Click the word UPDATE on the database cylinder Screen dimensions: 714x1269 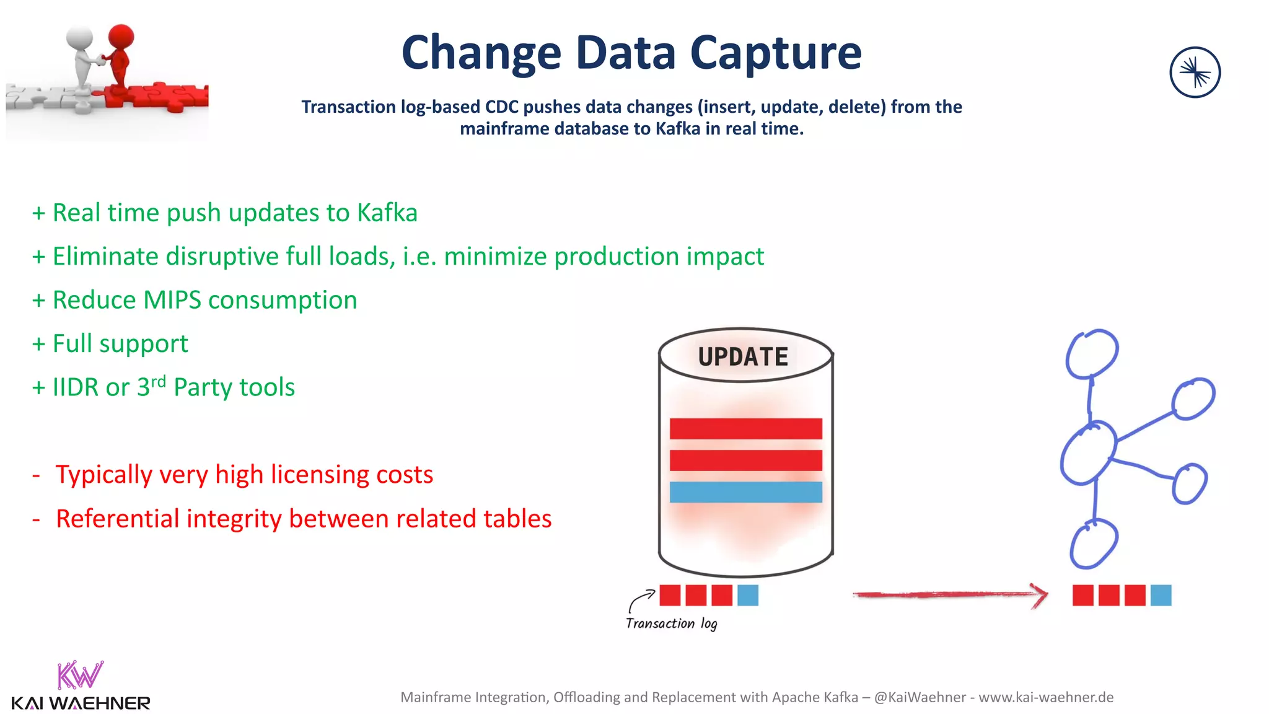pos(742,356)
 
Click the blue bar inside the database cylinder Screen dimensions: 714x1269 pos(745,492)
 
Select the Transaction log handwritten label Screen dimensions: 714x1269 pos(671,624)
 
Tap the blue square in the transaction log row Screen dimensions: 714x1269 pos(748,595)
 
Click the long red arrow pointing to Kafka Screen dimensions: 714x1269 pos(948,595)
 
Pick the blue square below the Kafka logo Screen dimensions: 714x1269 pos(1161,595)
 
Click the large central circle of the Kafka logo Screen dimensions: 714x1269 pos(1088,452)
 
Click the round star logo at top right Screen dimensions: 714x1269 pos(1195,73)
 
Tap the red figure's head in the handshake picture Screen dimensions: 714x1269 pos(121,36)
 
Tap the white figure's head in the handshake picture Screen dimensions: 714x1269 pos(80,39)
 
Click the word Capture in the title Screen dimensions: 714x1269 pos(775,53)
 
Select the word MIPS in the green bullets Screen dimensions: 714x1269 pos(172,300)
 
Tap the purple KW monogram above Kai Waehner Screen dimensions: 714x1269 pos(79,675)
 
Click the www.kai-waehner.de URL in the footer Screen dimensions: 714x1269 pos(1046,697)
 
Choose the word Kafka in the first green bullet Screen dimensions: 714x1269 pos(387,213)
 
